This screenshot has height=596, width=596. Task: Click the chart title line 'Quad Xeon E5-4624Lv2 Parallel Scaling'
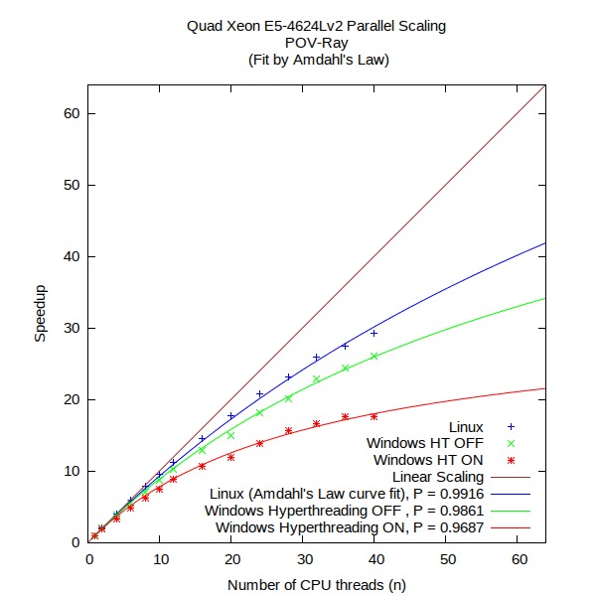(x=316, y=26)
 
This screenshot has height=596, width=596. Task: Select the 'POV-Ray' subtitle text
(x=316, y=43)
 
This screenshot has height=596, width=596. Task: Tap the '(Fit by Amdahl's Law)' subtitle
(x=316, y=60)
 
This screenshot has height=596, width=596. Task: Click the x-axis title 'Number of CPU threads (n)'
(x=316, y=587)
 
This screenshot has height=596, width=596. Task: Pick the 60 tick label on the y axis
(x=73, y=113)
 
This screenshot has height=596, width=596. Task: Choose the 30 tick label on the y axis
(x=73, y=328)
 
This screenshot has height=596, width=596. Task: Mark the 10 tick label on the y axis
(x=73, y=471)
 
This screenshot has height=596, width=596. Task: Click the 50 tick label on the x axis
(x=446, y=562)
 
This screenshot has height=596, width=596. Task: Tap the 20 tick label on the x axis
(x=231, y=562)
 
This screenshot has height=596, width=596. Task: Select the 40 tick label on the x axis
(x=374, y=562)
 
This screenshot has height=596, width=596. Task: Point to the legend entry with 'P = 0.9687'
(x=350, y=527)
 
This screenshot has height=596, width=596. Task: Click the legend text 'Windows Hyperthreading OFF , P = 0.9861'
(x=345, y=511)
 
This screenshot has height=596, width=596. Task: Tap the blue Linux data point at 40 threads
(x=374, y=333)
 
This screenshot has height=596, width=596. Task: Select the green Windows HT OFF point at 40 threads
(x=374, y=356)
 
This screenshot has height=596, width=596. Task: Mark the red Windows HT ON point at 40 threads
(x=374, y=416)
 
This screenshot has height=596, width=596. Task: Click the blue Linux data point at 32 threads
(x=317, y=358)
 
